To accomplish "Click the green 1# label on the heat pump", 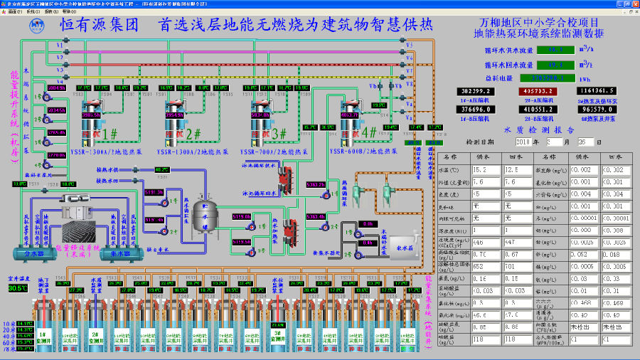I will pos(110,133).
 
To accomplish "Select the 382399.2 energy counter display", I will pos(478,92).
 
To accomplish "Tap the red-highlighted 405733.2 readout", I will pos(540,92).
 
